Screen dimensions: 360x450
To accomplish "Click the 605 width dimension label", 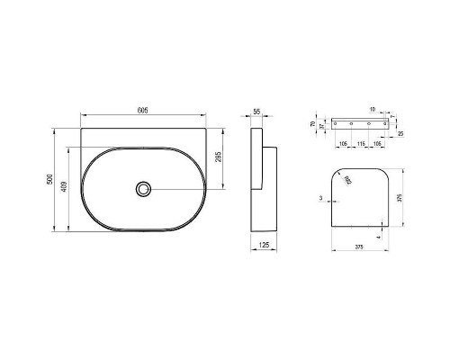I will [x=143, y=110].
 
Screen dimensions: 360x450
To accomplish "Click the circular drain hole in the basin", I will [x=142, y=188].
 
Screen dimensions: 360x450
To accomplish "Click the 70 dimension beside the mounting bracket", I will [x=312, y=123].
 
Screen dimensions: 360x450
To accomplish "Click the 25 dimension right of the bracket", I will [x=399, y=134].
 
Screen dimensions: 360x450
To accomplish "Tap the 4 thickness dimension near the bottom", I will [x=379, y=231].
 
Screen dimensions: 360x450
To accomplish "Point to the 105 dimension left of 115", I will [x=344, y=142].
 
